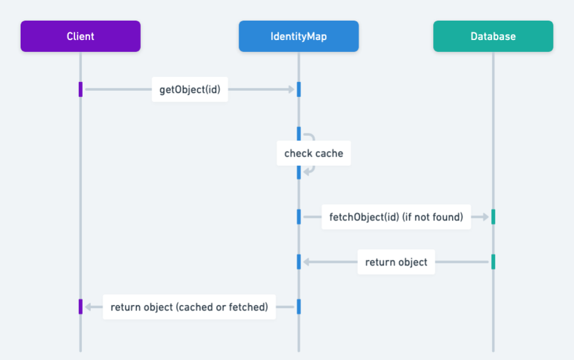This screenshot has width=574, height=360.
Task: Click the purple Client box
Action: (x=80, y=36)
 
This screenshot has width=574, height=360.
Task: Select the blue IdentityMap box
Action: (x=299, y=36)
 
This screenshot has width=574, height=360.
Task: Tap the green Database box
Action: (x=493, y=36)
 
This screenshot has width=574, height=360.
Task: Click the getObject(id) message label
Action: (x=190, y=90)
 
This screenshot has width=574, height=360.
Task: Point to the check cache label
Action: (x=314, y=153)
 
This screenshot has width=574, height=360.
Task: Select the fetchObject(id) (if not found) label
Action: (x=396, y=217)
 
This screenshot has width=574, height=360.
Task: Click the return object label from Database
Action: (x=396, y=262)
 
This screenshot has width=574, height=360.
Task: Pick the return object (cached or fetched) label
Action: (x=189, y=307)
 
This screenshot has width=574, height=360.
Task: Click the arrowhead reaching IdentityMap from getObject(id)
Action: (x=290, y=90)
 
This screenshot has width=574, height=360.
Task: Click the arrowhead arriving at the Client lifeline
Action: (x=88, y=307)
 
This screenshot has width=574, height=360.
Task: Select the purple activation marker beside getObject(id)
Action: (x=80, y=90)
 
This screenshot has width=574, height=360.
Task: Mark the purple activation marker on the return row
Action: (x=80, y=307)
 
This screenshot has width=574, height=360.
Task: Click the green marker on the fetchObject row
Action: (x=493, y=217)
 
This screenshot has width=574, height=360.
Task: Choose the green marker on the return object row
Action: (x=493, y=262)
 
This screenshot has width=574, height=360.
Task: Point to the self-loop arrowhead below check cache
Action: (x=307, y=171)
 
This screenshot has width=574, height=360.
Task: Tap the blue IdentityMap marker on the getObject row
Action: (x=299, y=90)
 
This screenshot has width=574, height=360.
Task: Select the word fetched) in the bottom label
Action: (x=249, y=307)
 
